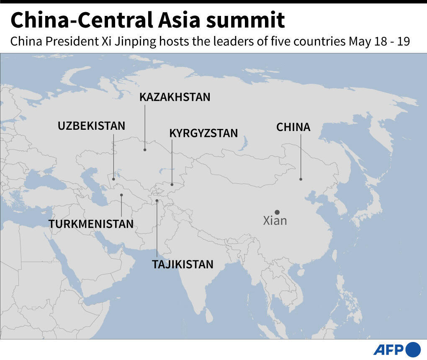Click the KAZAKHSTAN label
pyautogui.click(x=175, y=97)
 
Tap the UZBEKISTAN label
pyautogui.click(x=91, y=126)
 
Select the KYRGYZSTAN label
pyautogui.click(x=203, y=133)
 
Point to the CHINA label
pyautogui.click(x=293, y=127)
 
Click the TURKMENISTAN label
pyautogui.click(x=91, y=224)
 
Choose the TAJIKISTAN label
pyautogui.click(x=183, y=264)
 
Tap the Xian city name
pyautogui.click(x=275, y=221)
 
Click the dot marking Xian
pyautogui.click(x=277, y=212)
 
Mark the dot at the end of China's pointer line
pyautogui.click(x=301, y=179)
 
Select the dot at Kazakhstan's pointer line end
pyautogui.click(x=145, y=149)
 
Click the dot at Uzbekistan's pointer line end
pyautogui.click(x=113, y=179)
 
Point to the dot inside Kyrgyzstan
pyautogui.click(x=172, y=184)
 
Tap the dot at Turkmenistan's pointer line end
pyautogui.click(x=121, y=195)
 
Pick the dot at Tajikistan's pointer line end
pyautogui.click(x=157, y=201)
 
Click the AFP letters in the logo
pyautogui.click(x=388, y=350)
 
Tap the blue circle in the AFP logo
pyautogui.click(x=413, y=350)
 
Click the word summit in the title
pyautogui.click(x=247, y=21)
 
